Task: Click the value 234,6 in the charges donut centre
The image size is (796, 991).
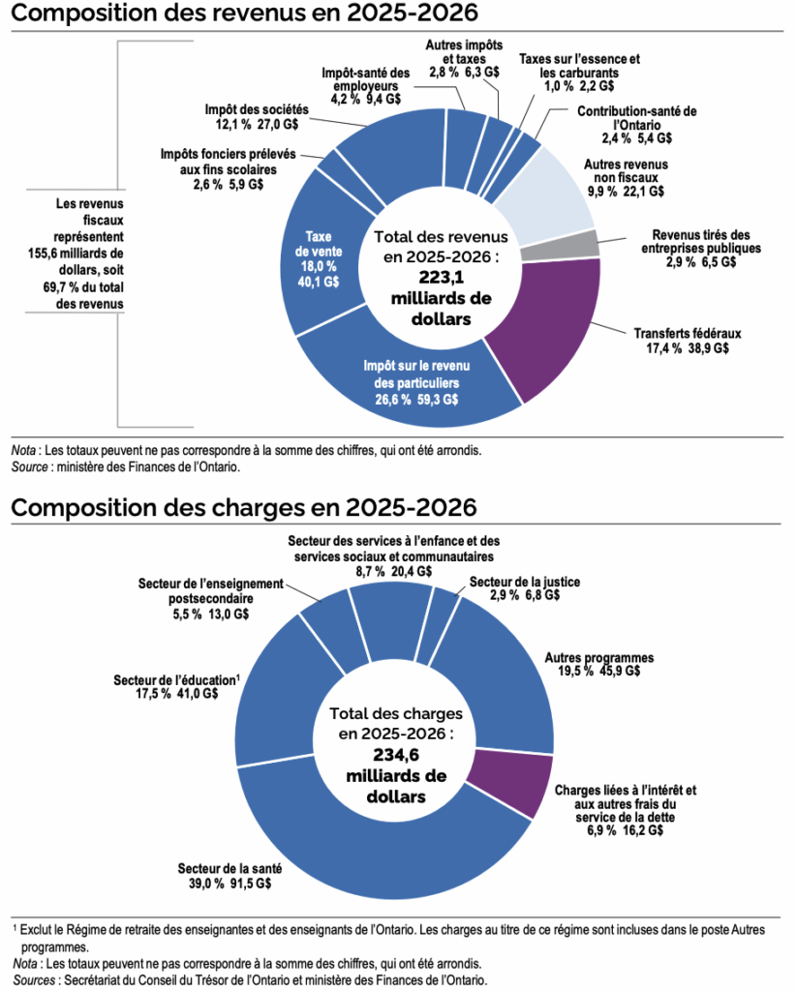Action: pyautogui.click(x=394, y=754)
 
